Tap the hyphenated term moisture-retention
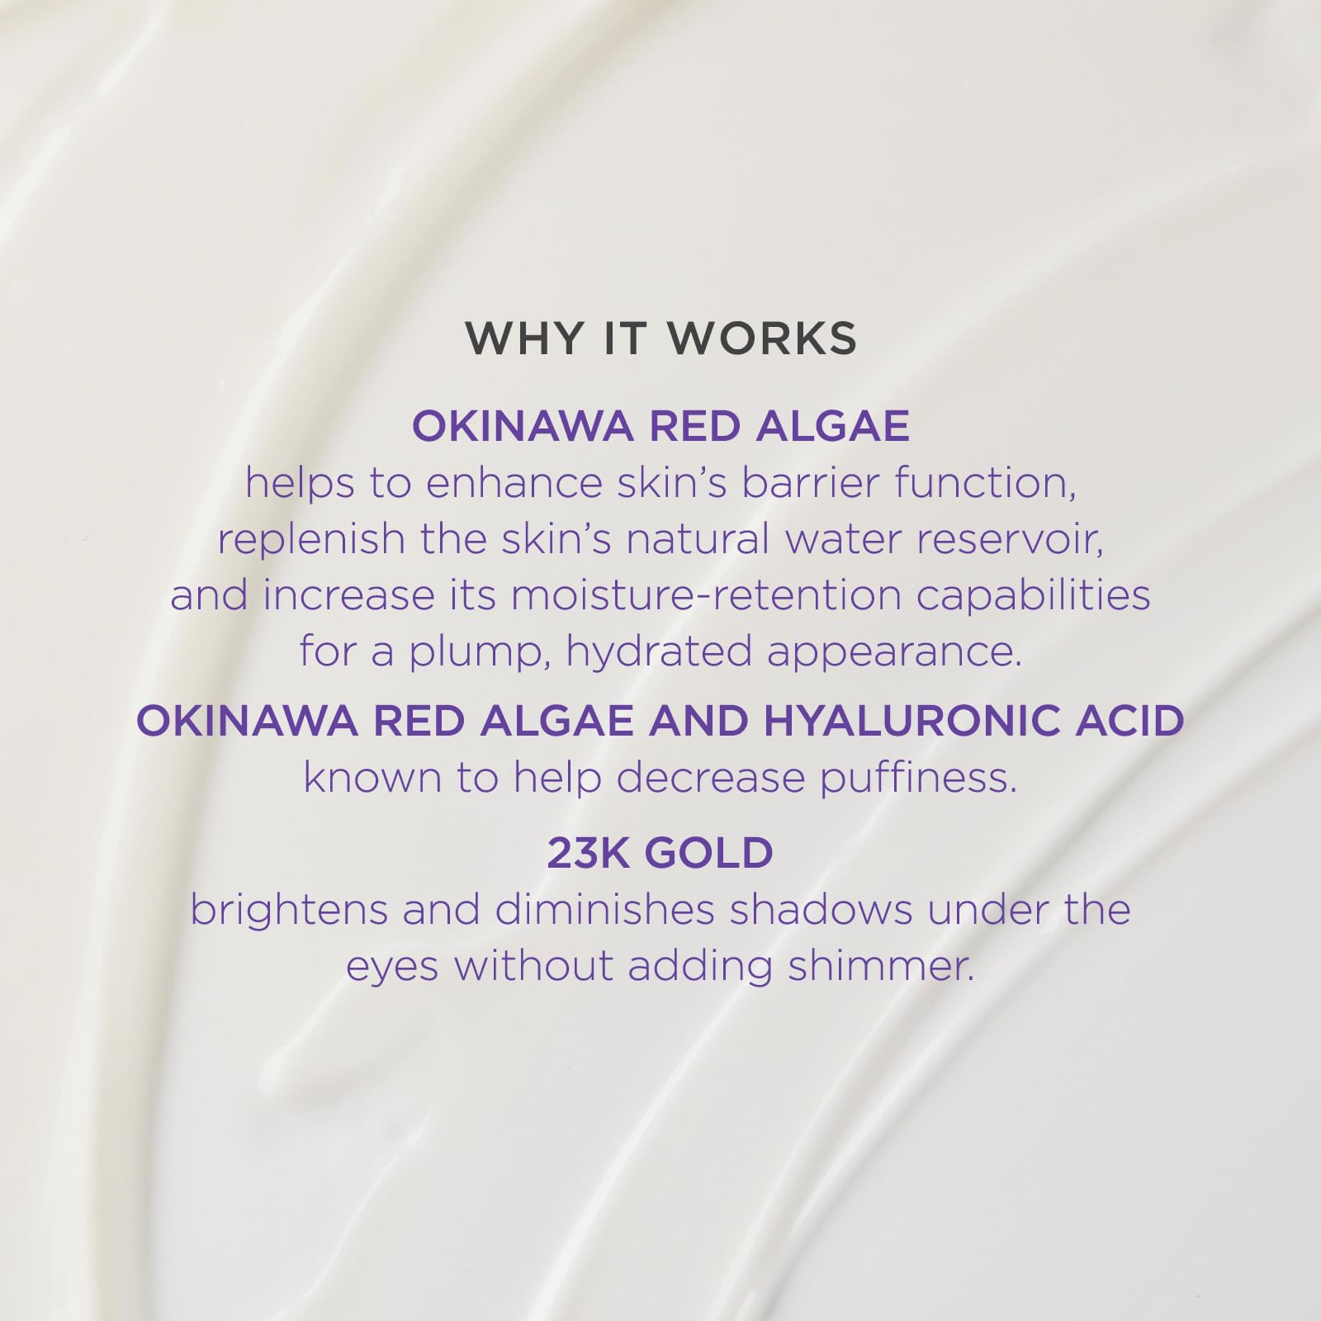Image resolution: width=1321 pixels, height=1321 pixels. coord(706,595)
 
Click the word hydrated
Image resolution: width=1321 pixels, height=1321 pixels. coord(659,652)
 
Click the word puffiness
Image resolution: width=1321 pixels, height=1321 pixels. coord(917,778)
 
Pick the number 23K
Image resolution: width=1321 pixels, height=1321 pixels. coord(587,853)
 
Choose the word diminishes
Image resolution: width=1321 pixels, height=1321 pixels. coord(604,910)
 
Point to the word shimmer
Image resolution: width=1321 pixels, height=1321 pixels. coord(880,966)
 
